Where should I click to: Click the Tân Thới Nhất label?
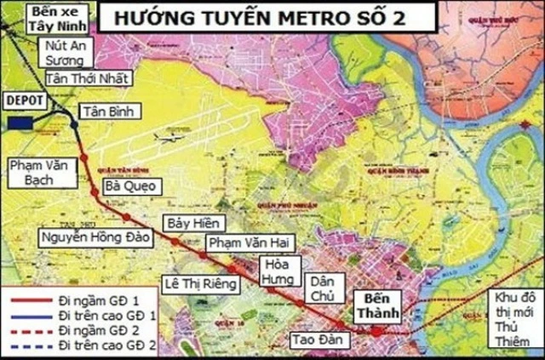[89, 78]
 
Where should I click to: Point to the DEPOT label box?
[25, 100]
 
